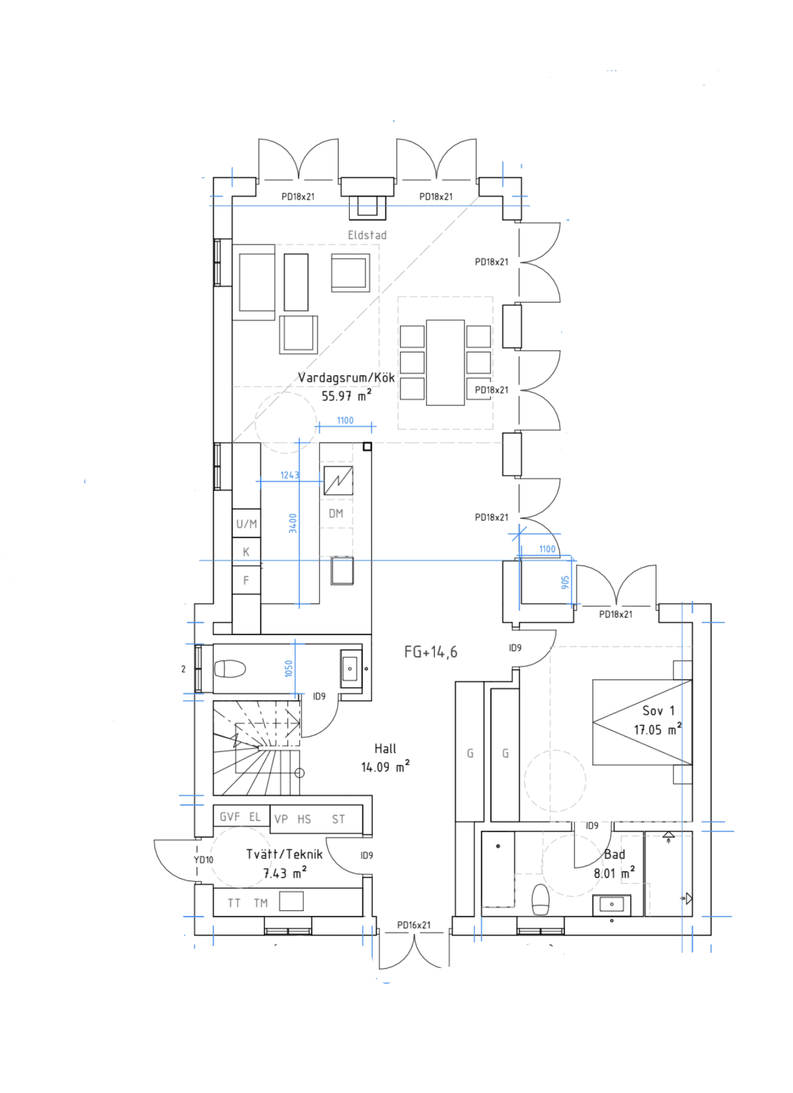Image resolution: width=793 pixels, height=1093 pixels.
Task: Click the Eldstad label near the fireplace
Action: [367, 235]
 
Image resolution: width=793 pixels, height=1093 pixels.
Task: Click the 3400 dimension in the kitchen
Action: [293, 523]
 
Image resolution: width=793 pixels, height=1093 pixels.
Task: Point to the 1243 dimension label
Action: [290, 475]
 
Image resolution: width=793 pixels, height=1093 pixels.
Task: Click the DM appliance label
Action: [336, 514]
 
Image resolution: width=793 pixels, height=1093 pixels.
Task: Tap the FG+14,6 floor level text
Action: [430, 652]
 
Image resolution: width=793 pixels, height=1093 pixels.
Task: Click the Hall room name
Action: [385, 748]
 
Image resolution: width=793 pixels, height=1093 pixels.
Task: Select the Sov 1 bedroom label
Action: [658, 711]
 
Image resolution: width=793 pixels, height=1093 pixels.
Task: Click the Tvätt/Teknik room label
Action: [284, 855]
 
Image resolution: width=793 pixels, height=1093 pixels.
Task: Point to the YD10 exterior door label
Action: [203, 860]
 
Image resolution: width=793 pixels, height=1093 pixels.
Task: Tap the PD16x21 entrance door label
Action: [413, 925]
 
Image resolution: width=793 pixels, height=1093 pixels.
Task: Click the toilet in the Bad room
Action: [540, 899]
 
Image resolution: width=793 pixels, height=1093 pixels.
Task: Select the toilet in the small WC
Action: [230, 669]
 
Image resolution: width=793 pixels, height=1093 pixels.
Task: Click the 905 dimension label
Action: [565, 582]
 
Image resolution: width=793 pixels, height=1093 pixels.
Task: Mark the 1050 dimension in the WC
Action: [288, 668]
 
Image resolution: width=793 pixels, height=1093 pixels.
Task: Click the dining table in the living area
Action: [445, 362]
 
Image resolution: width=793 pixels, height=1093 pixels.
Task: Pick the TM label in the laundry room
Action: [261, 903]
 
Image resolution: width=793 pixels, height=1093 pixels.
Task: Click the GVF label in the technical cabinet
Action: [230, 817]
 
